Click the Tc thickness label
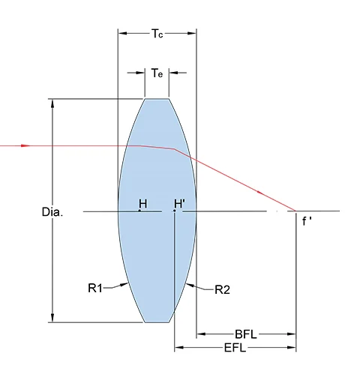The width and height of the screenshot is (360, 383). [x=157, y=34]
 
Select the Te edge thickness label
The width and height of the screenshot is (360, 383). [x=157, y=73]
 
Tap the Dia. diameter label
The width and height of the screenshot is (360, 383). [x=52, y=212]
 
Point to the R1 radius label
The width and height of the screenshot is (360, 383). [x=96, y=286]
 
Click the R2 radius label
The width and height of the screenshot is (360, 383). [x=222, y=289]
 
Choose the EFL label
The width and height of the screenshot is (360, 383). [x=236, y=349]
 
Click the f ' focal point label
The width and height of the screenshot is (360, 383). [x=307, y=221]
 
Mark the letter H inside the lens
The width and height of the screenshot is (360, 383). [x=142, y=203]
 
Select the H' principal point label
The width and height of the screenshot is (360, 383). [x=180, y=203]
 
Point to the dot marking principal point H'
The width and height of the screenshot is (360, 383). [x=175, y=211]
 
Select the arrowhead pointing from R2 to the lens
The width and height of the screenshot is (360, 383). [x=190, y=286]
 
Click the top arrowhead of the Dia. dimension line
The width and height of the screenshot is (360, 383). [x=52, y=103]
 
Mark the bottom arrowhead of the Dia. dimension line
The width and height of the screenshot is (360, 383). [x=52, y=318]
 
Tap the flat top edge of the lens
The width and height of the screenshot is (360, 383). [x=157, y=98]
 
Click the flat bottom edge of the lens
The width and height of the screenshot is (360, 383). [x=157, y=322]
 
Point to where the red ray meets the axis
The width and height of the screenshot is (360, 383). [x=295, y=211]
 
